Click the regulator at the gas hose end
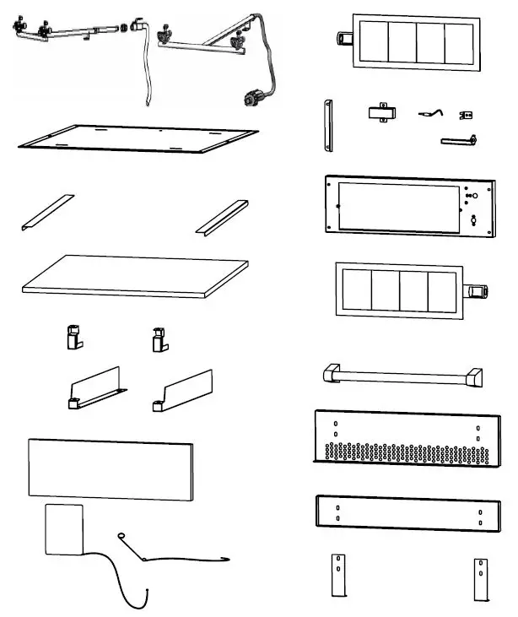coord(252,100)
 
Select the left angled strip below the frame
coord(47,211)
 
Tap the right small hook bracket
coord(157,338)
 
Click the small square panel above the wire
coord(63,529)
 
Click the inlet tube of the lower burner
coord(478,292)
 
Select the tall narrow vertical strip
coord(326,126)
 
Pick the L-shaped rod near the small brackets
coord(459,141)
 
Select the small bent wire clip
coord(429,112)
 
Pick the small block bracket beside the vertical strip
coord(381,113)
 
